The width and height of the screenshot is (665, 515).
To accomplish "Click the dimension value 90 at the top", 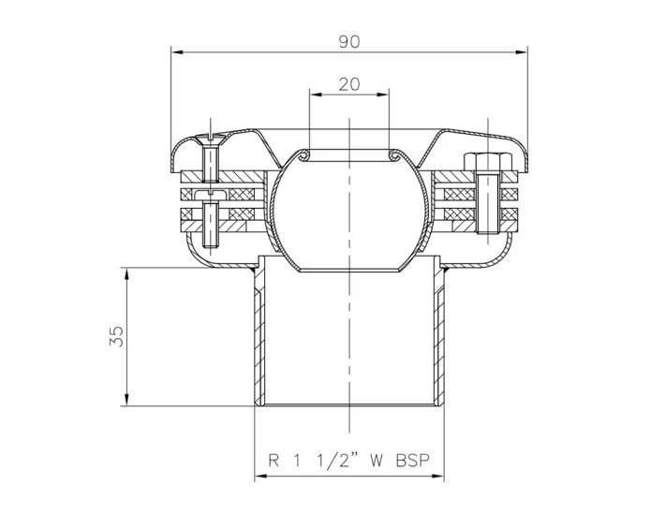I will (348, 41).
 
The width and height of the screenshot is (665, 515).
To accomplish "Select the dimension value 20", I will (348, 83).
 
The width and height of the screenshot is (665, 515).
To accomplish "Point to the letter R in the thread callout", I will (273, 461).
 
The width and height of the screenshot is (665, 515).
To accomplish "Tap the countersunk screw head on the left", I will (209, 141).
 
